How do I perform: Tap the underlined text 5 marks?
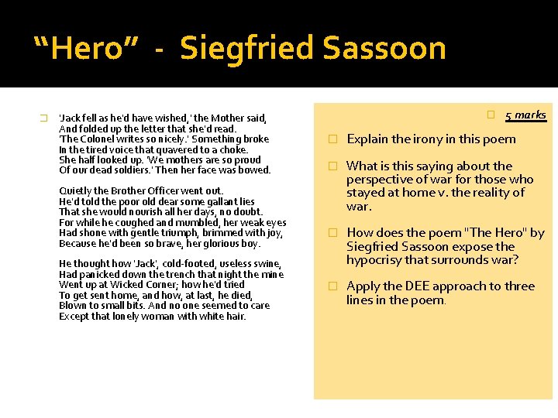coord(525,115)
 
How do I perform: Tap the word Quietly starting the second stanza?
coord(75,190)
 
